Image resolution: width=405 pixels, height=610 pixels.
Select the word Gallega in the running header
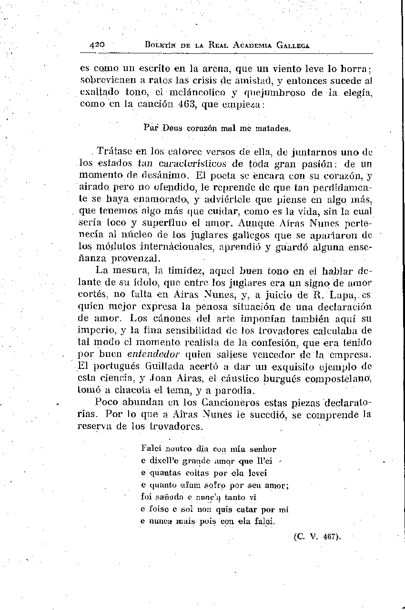click(x=293, y=46)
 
